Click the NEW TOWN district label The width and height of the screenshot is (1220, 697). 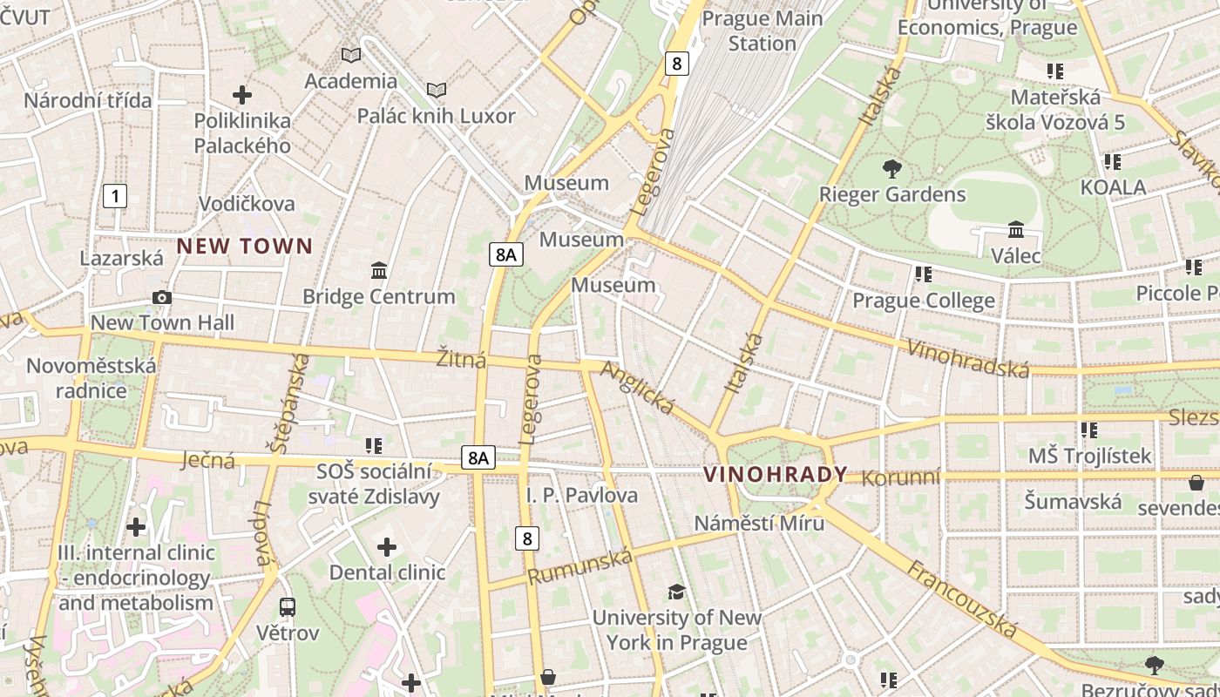point(244,246)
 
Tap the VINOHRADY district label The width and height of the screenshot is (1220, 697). point(775,474)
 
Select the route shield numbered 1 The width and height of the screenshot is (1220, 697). point(114,196)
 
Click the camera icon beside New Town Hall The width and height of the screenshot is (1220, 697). point(161,298)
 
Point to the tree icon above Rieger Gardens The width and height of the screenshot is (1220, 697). point(891,168)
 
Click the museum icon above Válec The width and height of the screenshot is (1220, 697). point(1015,230)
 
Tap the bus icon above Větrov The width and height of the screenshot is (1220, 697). point(287,606)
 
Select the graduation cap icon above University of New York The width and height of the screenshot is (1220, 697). point(676,592)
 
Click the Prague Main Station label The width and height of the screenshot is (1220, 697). point(762,30)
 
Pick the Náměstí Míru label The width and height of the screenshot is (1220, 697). point(759,523)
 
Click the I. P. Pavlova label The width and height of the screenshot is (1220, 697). point(581,495)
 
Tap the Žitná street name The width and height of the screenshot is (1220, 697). point(461,359)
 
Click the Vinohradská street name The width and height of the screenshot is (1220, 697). point(967,358)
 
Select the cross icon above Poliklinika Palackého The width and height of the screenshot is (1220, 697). point(242,94)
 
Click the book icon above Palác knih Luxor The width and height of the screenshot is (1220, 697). point(437,90)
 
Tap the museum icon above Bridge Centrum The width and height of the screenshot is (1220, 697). point(379,271)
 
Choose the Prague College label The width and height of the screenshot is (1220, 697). point(923,301)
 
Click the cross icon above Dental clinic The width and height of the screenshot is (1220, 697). point(387,547)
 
